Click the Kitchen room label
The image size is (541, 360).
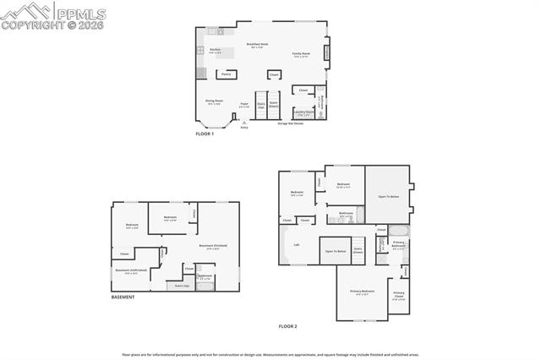pos(215,50)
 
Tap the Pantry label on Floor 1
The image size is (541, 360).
pos(226,74)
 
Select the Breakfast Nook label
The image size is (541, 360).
pos(258,46)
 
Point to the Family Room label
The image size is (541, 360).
pos(302,55)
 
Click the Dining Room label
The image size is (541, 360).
pos(214,101)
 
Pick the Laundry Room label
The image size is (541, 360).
pos(303,112)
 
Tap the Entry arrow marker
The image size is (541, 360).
pos(244,123)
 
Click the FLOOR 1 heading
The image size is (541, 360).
pos(205,134)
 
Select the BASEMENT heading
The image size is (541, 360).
pos(123,297)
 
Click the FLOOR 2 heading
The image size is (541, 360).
pos(288,326)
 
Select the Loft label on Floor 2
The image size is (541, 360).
pos(296,245)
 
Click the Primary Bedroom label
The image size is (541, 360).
pos(362,292)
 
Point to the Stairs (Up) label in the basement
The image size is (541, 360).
pos(182,286)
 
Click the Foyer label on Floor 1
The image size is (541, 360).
pos(244,105)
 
